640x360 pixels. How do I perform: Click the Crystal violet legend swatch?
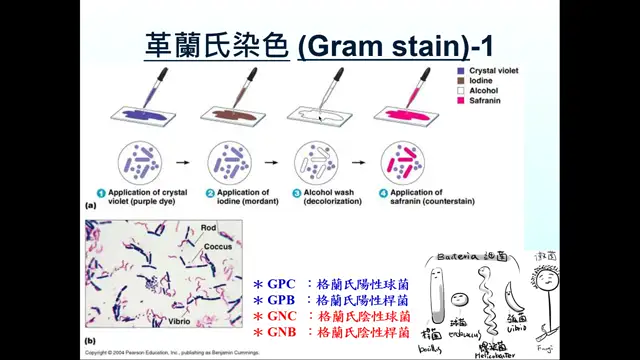pyautogui.click(x=459, y=72)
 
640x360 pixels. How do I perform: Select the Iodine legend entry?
pyautogui.click(x=481, y=82)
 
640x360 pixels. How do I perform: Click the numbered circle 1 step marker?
pyautogui.click(x=116, y=192)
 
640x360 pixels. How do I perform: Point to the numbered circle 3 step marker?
pyautogui.click(x=299, y=192)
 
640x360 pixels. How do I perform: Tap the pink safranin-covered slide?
pyautogui.click(x=409, y=113)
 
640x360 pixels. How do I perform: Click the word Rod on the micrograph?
pyautogui.click(x=208, y=228)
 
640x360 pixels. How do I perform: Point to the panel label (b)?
pyautogui.click(x=91, y=340)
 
